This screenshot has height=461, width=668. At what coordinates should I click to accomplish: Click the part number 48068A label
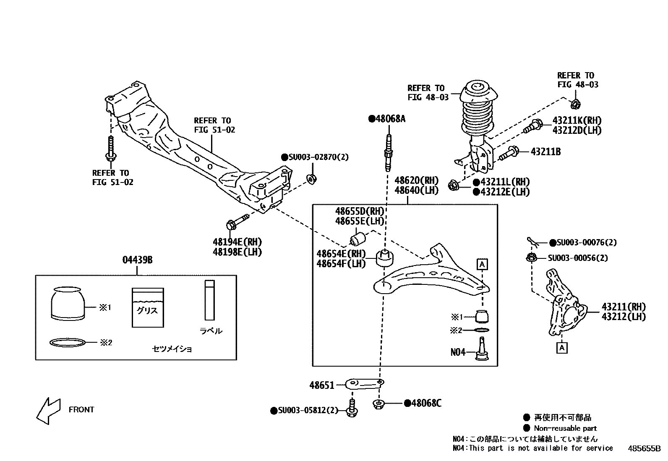click(x=387, y=119)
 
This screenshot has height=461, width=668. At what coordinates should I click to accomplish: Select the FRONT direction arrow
click(x=48, y=410)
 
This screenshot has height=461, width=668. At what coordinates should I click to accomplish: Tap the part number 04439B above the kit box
click(x=137, y=260)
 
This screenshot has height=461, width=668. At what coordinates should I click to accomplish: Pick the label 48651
click(x=322, y=385)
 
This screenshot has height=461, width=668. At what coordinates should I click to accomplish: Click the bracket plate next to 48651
click(x=364, y=383)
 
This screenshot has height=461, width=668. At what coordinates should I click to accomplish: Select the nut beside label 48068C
click(x=379, y=404)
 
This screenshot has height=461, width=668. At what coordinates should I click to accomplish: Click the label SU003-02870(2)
click(x=315, y=157)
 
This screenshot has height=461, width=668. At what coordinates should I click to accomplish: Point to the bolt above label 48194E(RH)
click(x=237, y=221)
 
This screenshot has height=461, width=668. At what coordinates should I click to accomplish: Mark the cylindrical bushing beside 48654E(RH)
click(x=385, y=258)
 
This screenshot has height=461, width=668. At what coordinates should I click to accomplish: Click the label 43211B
click(x=545, y=151)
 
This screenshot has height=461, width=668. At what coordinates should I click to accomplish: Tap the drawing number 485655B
click(x=644, y=448)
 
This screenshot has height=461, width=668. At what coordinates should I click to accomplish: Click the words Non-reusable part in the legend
click(x=565, y=428)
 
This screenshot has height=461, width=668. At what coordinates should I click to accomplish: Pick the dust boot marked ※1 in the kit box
click(x=67, y=304)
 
